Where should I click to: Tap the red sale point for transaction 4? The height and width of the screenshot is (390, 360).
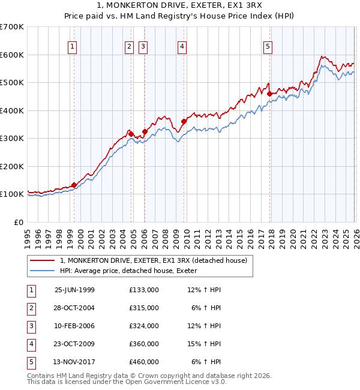(184, 122)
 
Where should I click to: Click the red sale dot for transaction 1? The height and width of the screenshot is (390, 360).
(74, 185)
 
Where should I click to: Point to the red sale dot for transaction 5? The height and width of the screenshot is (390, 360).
(269, 94)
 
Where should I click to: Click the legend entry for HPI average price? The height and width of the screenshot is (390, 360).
(132, 271)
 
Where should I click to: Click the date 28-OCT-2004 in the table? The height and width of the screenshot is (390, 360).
(74, 308)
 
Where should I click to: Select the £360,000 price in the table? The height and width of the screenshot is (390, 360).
(143, 344)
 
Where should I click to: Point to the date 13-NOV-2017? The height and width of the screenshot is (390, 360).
(74, 362)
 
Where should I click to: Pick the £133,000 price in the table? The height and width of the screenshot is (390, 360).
(143, 290)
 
